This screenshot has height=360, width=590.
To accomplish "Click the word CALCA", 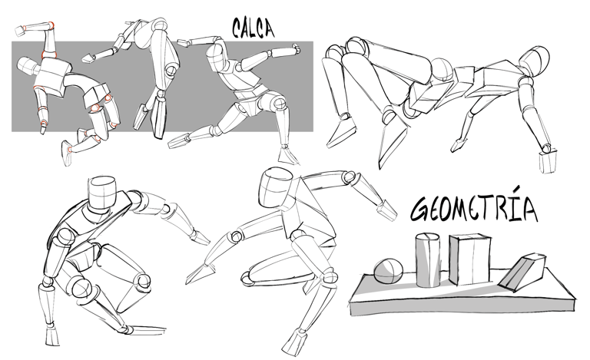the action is (253, 28).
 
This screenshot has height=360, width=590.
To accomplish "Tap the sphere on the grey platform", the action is (388, 270).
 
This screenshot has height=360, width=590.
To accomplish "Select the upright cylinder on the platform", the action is (428, 259).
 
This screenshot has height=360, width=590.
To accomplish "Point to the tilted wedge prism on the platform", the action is (521, 272).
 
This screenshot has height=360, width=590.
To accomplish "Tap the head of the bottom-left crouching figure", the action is (102, 191).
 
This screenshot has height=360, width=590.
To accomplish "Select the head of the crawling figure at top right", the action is (534, 61).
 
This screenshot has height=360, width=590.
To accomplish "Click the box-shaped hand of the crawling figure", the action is (549, 162).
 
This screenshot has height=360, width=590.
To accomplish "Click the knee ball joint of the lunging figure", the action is (279, 102).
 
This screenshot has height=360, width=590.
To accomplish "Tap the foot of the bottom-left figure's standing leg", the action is (52, 335).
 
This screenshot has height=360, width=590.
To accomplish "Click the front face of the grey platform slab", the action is (462, 307).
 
